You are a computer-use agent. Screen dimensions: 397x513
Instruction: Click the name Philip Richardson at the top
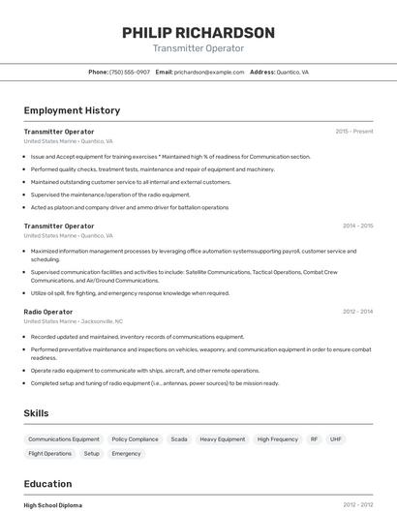[x=198, y=33]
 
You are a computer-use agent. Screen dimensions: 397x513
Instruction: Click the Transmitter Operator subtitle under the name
[x=198, y=48]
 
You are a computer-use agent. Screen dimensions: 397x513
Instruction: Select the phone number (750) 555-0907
[x=130, y=73]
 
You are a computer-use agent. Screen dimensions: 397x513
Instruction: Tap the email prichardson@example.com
[x=209, y=73]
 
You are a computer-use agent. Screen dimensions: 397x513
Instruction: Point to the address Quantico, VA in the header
[x=292, y=73]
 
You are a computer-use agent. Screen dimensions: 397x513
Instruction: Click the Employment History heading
[x=72, y=111]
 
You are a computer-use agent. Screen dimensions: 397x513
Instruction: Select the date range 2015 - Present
[x=353, y=131]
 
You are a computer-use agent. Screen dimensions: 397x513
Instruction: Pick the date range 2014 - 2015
[x=357, y=226]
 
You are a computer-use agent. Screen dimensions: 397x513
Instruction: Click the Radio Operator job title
[x=48, y=312]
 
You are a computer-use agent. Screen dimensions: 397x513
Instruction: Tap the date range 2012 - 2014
[x=357, y=312]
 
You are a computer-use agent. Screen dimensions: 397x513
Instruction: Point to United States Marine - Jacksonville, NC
[x=74, y=321]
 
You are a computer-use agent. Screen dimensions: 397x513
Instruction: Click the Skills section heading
[x=36, y=413]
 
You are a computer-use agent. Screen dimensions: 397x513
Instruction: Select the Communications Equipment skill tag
[x=64, y=439]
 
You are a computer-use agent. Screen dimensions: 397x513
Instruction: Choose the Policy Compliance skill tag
[x=135, y=439]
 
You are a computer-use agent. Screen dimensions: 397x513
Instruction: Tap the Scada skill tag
[x=179, y=439]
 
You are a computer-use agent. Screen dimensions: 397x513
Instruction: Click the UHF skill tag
[x=336, y=439]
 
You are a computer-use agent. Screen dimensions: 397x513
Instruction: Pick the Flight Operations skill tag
[x=50, y=453]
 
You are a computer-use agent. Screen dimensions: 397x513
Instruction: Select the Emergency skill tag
[x=126, y=453]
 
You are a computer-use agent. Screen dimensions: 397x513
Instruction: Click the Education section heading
[x=47, y=484]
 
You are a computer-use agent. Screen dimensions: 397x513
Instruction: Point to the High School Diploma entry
[x=53, y=505]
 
